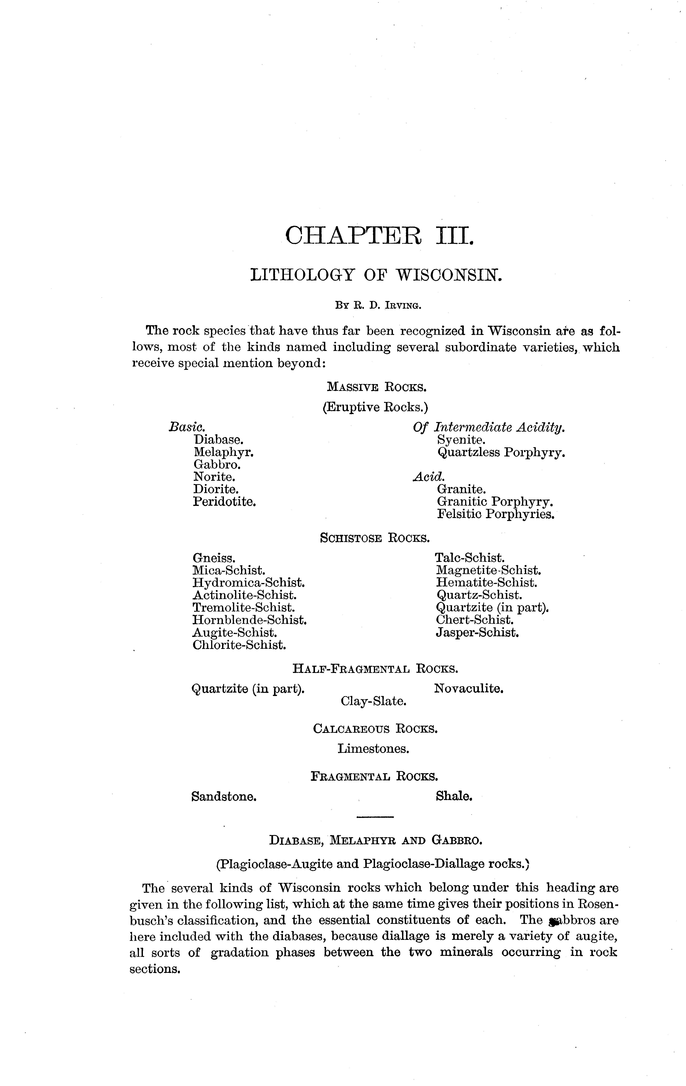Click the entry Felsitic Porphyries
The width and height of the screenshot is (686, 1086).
click(495, 514)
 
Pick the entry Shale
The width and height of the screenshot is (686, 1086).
click(454, 796)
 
